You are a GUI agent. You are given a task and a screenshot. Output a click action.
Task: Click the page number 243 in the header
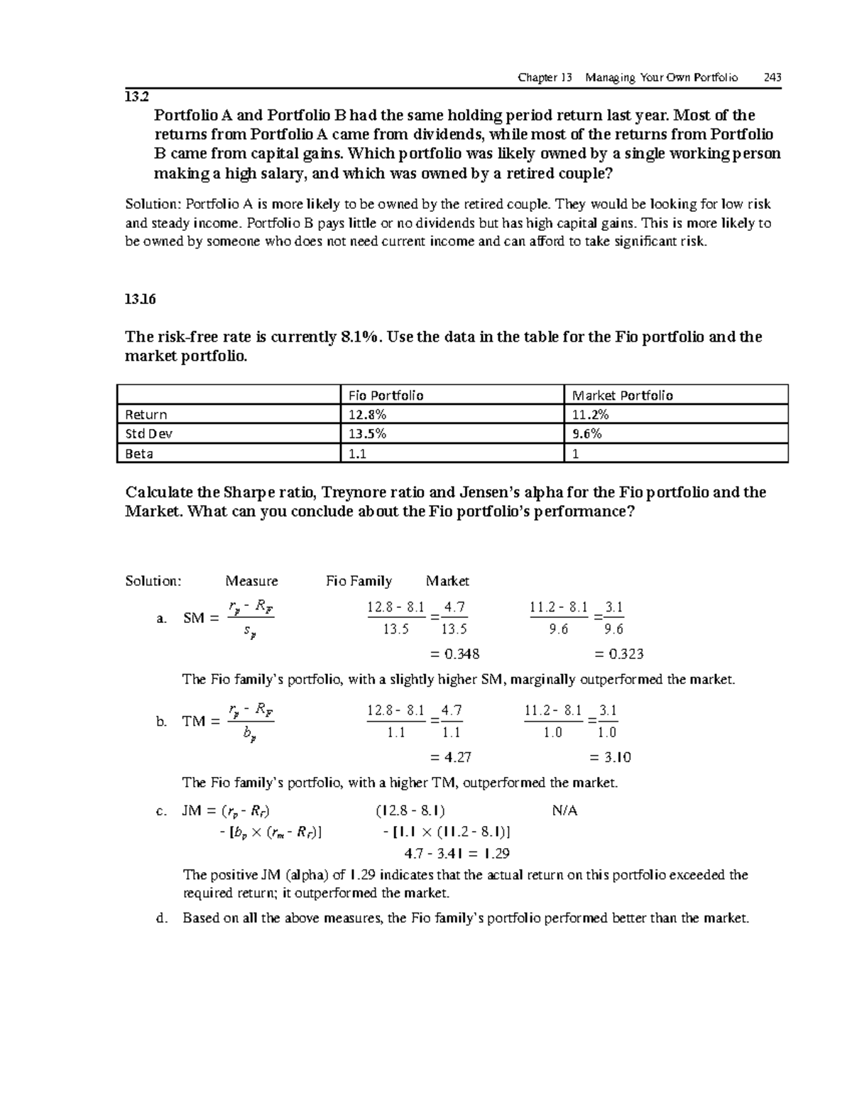[x=772, y=77]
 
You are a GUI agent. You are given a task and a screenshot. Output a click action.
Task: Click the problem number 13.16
[x=140, y=299]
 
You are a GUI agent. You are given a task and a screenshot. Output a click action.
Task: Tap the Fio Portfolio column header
[x=386, y=396]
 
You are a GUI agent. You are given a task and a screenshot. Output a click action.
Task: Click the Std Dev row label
[x=148, y=434]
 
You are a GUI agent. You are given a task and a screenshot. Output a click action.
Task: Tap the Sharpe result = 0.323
[x=618, y=654]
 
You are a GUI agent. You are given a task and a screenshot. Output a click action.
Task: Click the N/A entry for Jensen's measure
[x=564, y=810]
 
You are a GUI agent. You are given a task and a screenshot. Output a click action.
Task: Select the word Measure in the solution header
[x=251, y=581]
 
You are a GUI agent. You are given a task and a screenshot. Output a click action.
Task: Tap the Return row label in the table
[x=146, y=415]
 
